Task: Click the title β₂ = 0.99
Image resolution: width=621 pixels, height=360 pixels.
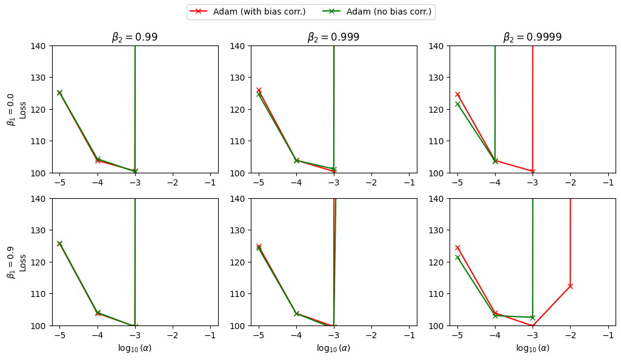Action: (134, 38)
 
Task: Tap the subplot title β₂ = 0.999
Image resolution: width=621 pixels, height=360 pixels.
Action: (333, 38)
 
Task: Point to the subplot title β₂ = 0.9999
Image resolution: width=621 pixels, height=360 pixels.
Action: (532, 38)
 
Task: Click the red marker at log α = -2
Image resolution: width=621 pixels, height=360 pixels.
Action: (570, 286)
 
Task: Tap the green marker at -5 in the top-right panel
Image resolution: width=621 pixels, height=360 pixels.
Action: (457, 104)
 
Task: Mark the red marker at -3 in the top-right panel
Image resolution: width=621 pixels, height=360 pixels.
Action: (533, 172)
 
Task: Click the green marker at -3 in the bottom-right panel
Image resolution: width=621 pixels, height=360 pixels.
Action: (533, 318)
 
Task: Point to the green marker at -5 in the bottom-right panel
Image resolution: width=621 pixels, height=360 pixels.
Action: (457, 258)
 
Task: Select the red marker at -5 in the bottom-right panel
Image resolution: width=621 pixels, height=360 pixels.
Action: (457, 247)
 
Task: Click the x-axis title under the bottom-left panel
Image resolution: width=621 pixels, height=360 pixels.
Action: (134, 348)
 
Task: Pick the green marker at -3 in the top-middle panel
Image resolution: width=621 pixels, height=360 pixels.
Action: (334, 169)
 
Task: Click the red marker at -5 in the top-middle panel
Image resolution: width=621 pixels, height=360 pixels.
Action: (259, 90)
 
